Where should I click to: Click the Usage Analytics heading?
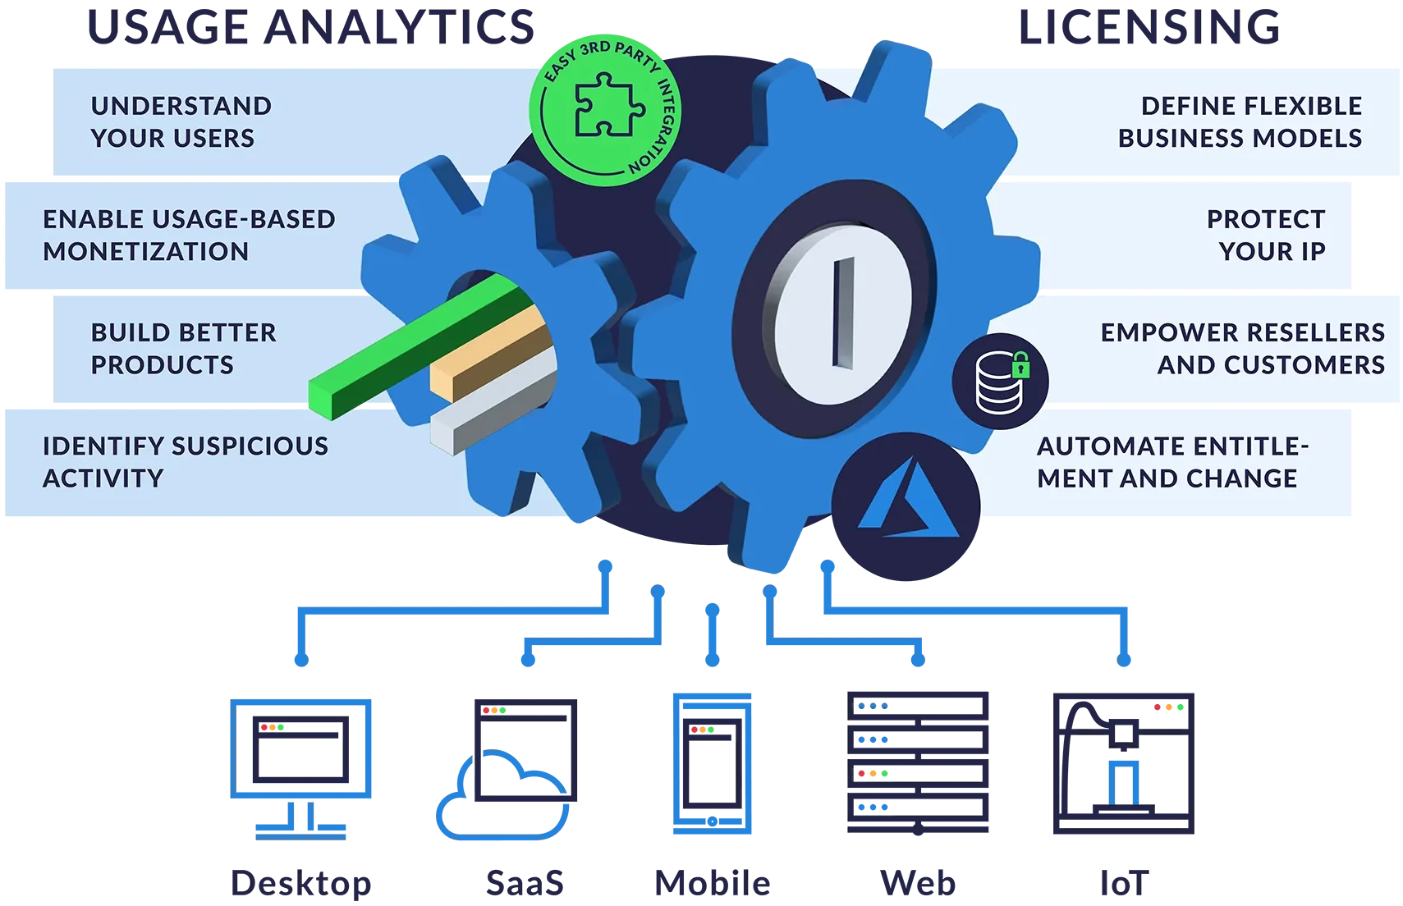(x=310, y=28)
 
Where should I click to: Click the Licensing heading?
(x=1149, y=28)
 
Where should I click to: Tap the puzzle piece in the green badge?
(x=608, y=104)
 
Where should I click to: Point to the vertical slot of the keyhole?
(x=843, y=313)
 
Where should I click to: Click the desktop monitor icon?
(x=300, y=768)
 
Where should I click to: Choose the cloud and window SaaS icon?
(x=506, y=768)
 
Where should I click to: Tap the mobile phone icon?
(x=712, y=763)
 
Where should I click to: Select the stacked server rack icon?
(x=918, y=763)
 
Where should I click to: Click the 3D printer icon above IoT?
(x=1124, y=763)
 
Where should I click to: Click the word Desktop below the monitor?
(x=301, y=884)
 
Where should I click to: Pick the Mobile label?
(x=713, y=883)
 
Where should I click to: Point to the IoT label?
(x=1124, y=883)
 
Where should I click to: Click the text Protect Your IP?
(x=1266, y=236)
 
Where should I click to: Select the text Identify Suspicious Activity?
(x=186, y=462)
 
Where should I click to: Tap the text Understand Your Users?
(x=181, y=122)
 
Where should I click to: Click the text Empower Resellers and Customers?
(x=1243, y=349)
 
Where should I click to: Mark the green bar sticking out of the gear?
(x=420, y=347)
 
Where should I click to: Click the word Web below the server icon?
(x=918, y=883)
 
